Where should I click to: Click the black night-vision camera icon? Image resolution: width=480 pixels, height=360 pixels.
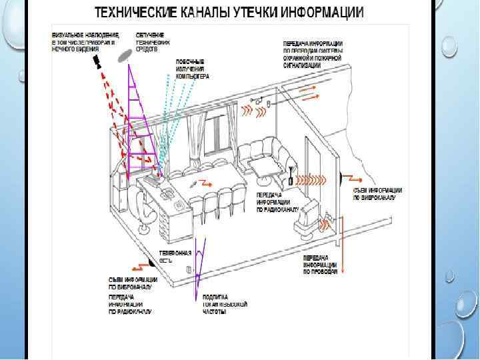tap(97, 62)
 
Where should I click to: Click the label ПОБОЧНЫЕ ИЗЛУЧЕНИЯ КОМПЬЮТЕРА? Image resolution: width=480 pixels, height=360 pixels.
tap(192, 69)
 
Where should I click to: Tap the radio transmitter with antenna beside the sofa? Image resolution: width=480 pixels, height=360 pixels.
tap(291, 175)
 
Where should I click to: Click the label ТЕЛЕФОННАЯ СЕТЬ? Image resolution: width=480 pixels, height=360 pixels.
tap(175, 257)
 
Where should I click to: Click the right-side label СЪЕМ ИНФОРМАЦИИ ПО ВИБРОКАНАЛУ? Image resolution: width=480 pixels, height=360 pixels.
tap(377, 193)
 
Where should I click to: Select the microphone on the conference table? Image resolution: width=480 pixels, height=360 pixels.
tap(193, 183)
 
